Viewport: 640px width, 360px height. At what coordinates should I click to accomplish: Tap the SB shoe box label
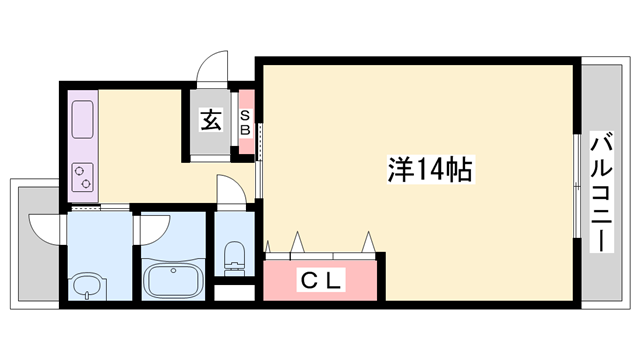[x=245, y=122]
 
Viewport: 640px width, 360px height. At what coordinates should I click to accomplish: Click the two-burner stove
[x=83, y=176]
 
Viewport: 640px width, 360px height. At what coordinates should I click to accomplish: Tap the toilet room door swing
[x=229, y=190]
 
